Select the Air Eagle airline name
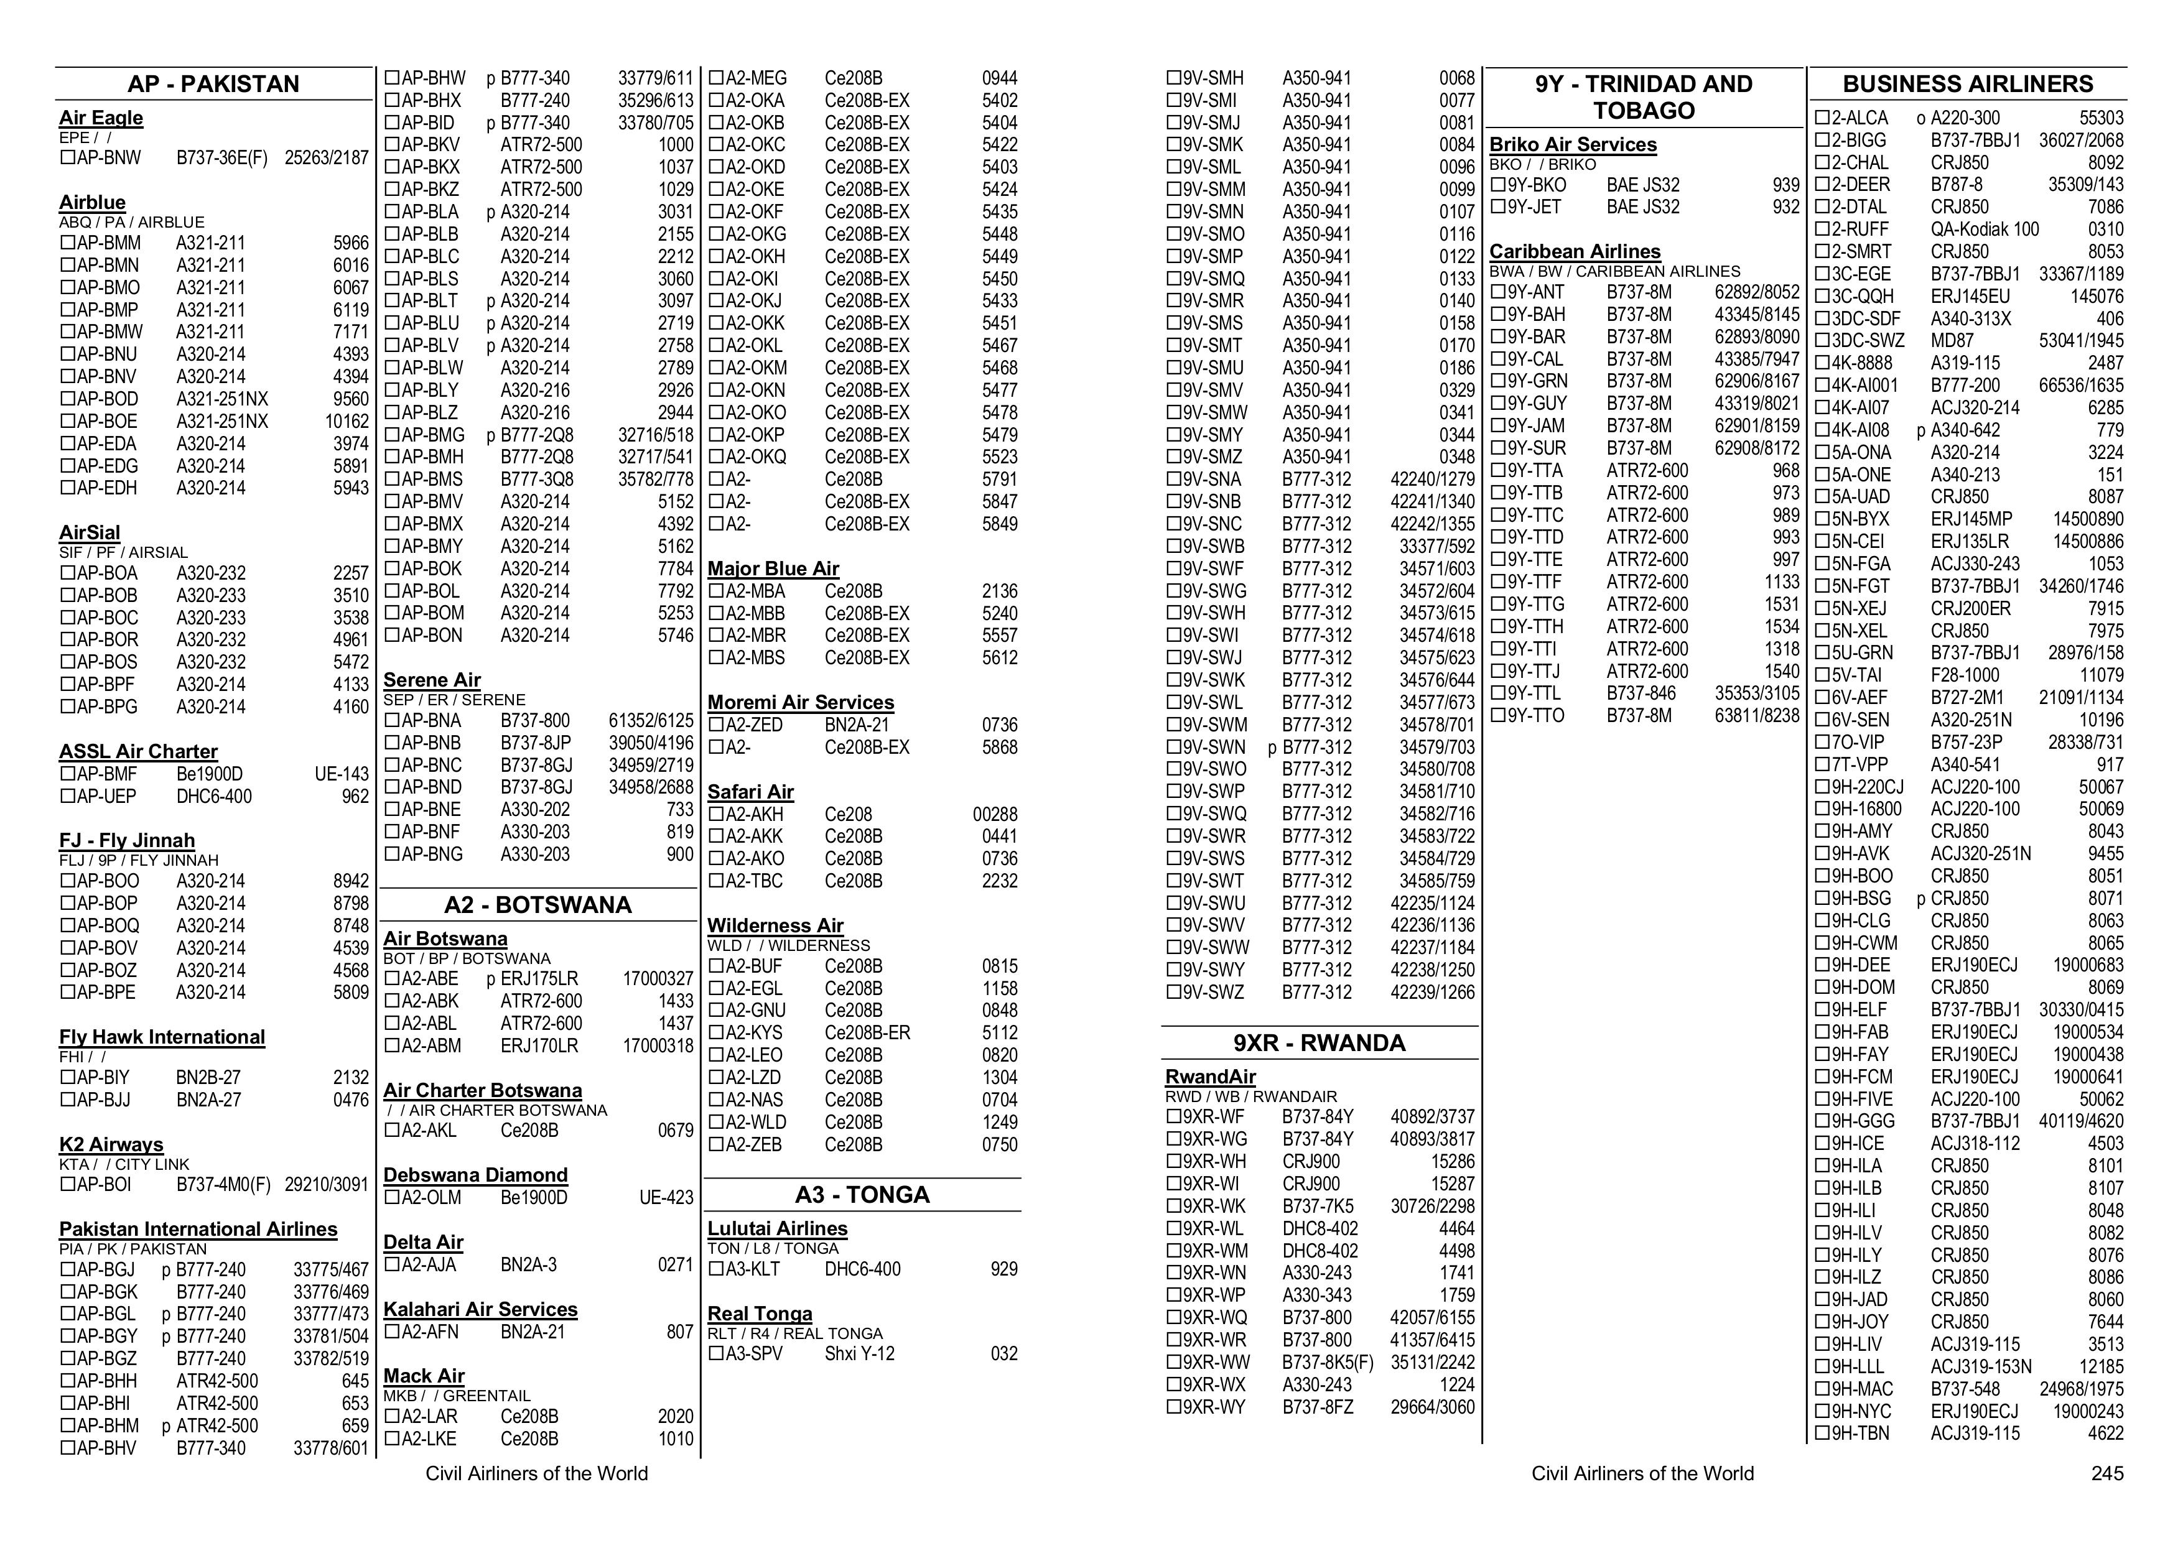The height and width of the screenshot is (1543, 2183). [101, 118]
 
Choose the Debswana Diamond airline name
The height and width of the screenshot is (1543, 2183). [475, 1175]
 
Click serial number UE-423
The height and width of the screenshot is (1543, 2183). [666, 1198]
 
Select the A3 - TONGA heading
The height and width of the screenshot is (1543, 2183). [862, 1195]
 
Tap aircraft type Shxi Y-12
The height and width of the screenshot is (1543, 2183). [860, 1354]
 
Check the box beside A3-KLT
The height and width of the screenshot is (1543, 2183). [716, 1269]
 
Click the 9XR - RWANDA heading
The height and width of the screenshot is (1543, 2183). [1319, 1043]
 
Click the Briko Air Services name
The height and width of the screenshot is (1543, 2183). [1573, 144]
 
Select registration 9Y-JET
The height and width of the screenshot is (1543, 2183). [1535, 207]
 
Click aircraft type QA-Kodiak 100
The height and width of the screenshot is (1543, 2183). [1985, 229]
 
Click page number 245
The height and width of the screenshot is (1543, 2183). [2107, 1473]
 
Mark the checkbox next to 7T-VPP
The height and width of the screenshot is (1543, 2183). [1822, 764]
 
